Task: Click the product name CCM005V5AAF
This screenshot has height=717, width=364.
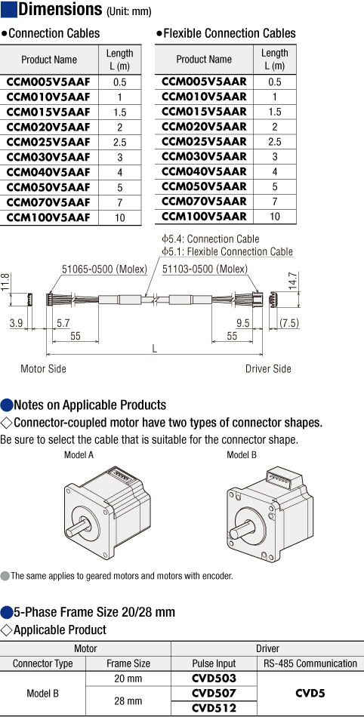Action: coord(48,82)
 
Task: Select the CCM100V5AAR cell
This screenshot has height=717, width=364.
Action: coord(204,217)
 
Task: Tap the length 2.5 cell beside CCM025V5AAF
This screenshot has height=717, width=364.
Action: coord(120,142)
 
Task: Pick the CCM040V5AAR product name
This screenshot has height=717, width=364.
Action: coord(204,171)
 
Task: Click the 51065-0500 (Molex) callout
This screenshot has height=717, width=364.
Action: coord(104,269)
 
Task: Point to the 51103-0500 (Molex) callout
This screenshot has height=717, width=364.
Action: coord(205,269)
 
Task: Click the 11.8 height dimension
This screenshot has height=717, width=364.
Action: coord(5,283)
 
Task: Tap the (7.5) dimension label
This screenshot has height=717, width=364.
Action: coord(289,323)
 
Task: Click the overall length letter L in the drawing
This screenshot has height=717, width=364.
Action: coord(155,349)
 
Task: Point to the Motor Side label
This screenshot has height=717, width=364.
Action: coord(44,368)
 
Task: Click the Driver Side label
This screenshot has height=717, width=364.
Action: coord(268,368)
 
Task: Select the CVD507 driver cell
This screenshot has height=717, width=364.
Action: coord(214,693)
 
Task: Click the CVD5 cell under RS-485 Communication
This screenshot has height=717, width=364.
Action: coord(310,693)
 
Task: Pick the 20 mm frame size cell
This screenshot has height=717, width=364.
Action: coord(128,679)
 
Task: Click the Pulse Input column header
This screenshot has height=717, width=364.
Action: coord(214,663)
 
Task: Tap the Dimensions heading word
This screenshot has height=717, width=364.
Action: coord(60,9)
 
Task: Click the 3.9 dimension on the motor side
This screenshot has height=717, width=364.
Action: coord(16,323)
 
